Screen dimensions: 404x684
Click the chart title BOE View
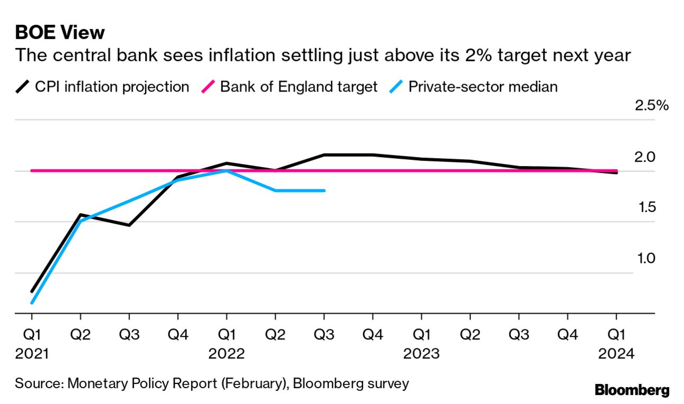[60, 33]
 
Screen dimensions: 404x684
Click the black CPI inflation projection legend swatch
[22, 87]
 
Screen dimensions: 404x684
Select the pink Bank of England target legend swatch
[208, 87]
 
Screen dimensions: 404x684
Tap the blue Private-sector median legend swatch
[396, 87]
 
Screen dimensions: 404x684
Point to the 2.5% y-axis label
[652, 105]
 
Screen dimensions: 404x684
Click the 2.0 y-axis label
[644, 157]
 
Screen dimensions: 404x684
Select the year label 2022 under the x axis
[227, 354]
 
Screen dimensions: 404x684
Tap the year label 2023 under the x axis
[421, 354]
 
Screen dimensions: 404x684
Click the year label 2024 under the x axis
[616, 354]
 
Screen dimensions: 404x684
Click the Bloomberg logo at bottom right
[632, 390]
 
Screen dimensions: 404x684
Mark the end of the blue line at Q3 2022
[324, 190]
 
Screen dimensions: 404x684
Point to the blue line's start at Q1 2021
[32, 303]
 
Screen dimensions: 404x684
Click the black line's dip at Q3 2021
[129, 225]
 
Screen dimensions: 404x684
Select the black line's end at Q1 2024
[616, 173]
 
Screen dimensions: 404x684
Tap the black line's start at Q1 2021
[32, 291]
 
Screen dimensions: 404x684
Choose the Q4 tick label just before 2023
[373, 334]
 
